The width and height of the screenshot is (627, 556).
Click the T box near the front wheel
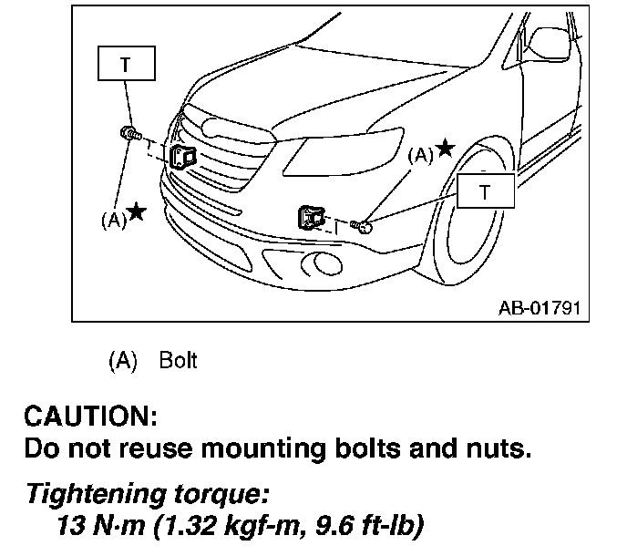[x=485, y=191]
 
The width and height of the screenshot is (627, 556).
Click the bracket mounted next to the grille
[x=184, y=157]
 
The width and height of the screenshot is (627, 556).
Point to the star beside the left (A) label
[x=136, y=211]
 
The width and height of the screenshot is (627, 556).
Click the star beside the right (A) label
[x=445, y=148]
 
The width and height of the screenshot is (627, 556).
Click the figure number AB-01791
[x=539, y=307]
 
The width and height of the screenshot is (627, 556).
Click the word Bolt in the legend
[x=178, y=360]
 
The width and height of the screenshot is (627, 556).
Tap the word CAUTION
[x=91, y=417]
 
